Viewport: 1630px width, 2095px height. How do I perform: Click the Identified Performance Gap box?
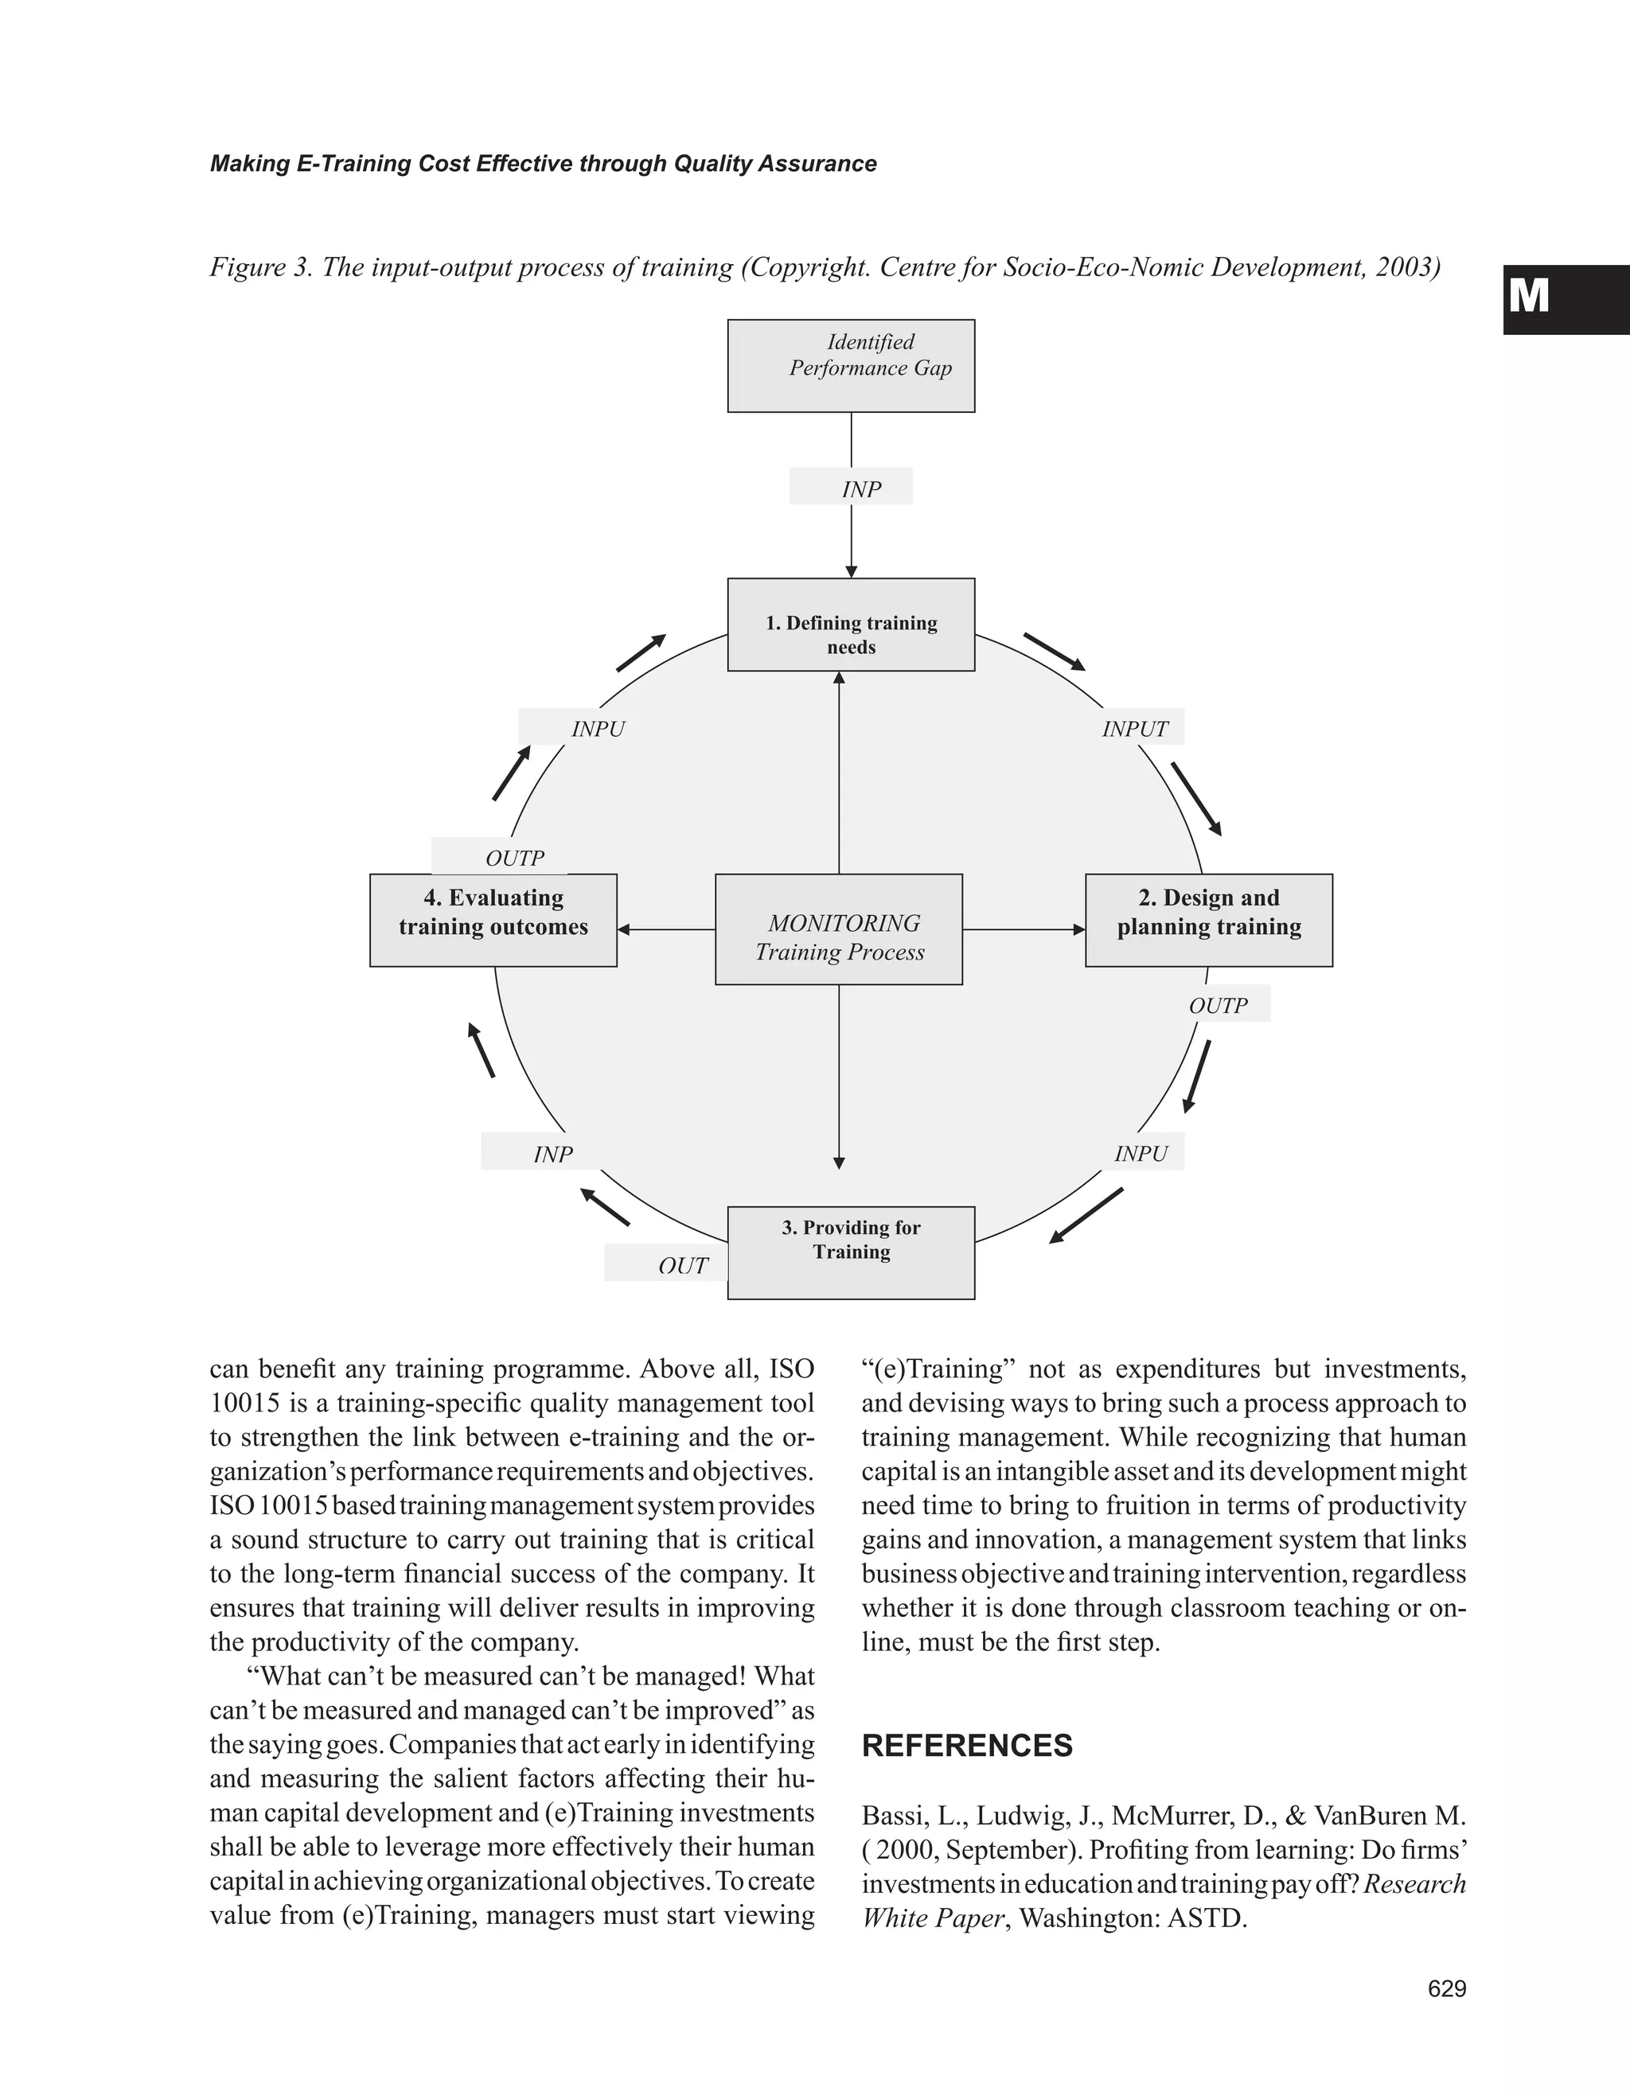(x=851, y=365)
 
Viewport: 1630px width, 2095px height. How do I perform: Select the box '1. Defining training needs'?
(x=851, y=625)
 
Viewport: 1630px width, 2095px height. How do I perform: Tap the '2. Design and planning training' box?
(x=1209, y=920)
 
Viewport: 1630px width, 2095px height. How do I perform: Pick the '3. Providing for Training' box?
(x=851, y=1252)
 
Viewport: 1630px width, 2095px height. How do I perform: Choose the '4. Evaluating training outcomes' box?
(x=493, y=920)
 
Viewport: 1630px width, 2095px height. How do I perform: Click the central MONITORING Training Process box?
(x=839, y=929)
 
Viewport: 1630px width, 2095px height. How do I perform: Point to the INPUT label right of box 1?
(x=1135, y=729)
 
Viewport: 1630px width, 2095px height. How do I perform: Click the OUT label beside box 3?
(x=682, y=1265)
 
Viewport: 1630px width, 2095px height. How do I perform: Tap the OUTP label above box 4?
(x=514, y=858)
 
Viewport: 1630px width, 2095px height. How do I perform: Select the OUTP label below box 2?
(x=1219, y=1005)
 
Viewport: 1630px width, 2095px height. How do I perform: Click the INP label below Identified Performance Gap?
(x=860, y=489)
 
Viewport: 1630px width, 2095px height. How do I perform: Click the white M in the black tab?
(x=1528, y=297)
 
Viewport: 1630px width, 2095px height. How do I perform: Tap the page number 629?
(x=1447, y=1988)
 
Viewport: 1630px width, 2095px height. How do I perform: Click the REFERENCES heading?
(x=967, y=1745)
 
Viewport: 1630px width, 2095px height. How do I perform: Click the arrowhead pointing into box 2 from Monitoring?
(x=1079, y=929)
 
